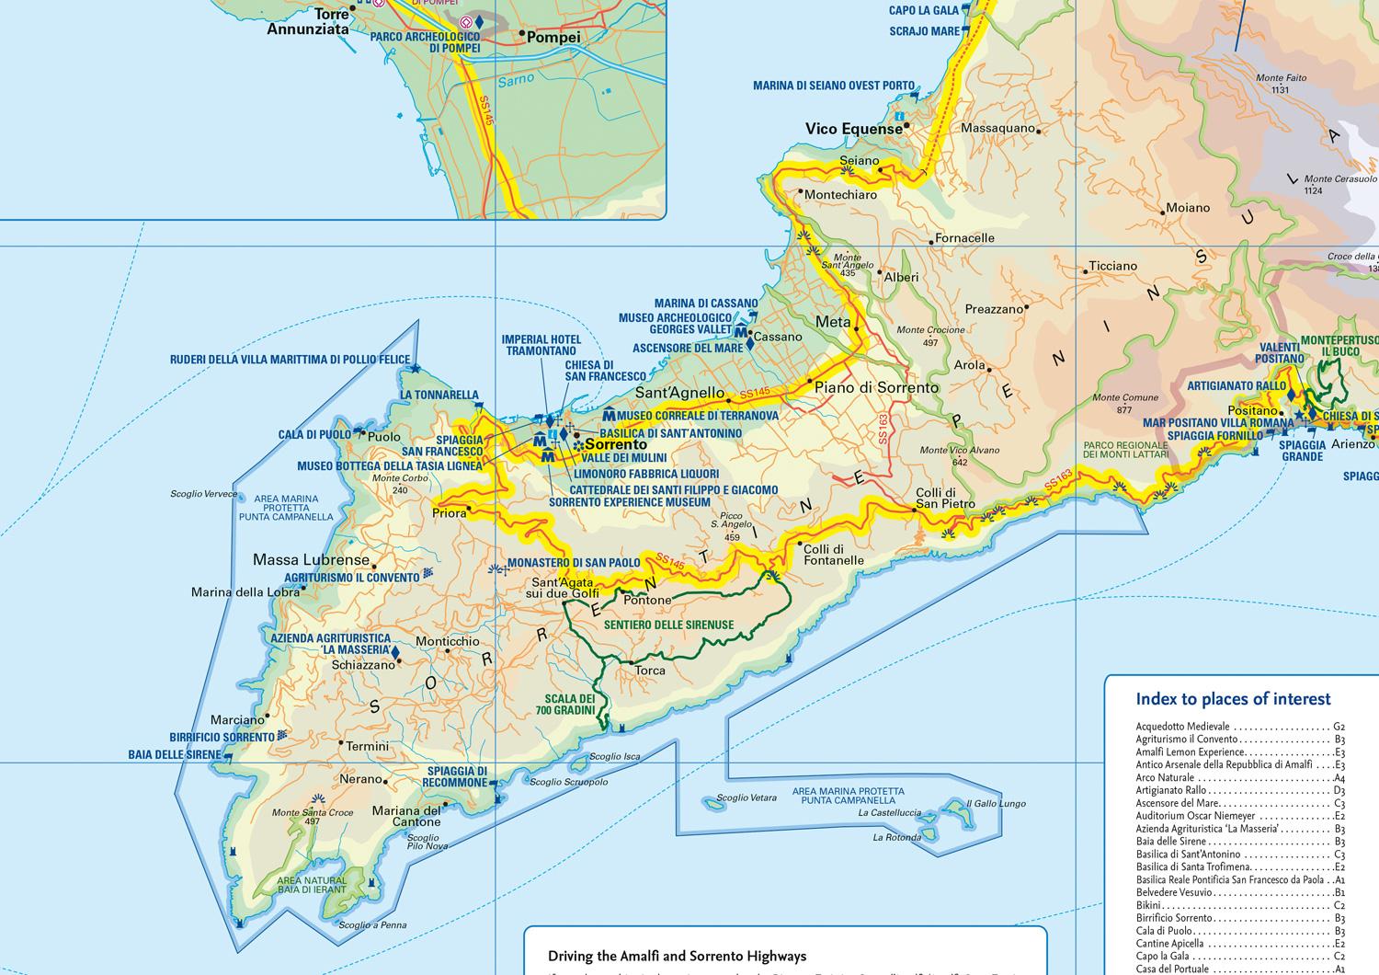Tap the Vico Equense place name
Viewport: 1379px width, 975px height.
click(853, 129)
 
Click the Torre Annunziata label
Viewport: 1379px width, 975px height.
click(308, 22)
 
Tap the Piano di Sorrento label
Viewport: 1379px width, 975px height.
click(877, 388)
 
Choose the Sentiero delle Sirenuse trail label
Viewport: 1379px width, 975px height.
click(668, 625)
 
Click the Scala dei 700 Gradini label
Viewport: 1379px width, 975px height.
click(570, 705)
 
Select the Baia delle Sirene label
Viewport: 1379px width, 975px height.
click(175, 755)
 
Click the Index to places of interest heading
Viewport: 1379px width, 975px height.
click(1233, 699)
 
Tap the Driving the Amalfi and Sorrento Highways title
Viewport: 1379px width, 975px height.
click(677, 957)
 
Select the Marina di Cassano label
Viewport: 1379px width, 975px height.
click(706, 304)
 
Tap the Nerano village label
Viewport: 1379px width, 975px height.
click(360, 779)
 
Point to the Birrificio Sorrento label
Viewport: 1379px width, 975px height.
click(222, 737)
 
